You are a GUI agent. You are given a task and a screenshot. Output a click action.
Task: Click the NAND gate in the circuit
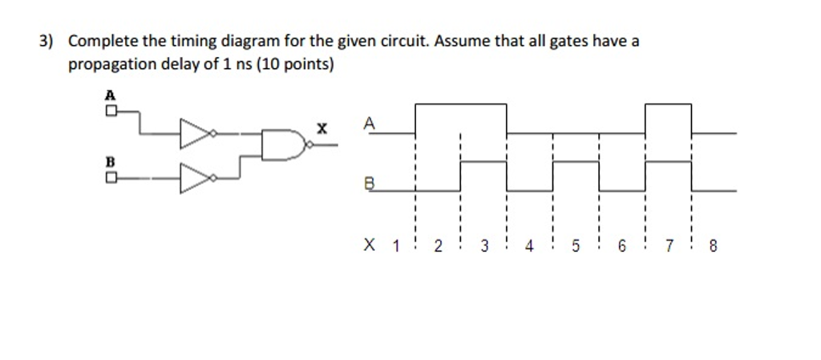pyautogui.click(x=285, y=144)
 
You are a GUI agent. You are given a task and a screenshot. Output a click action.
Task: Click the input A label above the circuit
pyautogui.click(x=110, y=94)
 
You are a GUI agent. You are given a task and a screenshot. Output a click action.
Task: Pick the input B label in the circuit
pyautogui.click(x=110, y=160)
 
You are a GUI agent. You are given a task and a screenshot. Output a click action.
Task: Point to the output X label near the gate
pyautogui.click(x=322, y=127)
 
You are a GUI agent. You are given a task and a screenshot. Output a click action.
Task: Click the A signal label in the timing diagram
pyautogui.click(x=368, y=123)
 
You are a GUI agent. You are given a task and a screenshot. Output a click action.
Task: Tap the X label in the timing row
pyautogui.click(x=369, y=245)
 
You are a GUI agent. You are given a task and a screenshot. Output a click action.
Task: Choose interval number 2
pyautogui.click(x=438, y=247)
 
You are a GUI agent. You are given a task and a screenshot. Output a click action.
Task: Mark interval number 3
pyautogui.click(x=484, y=247)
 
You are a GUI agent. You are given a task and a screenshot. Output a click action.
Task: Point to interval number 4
pyautogui.click(x=530, y=247)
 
